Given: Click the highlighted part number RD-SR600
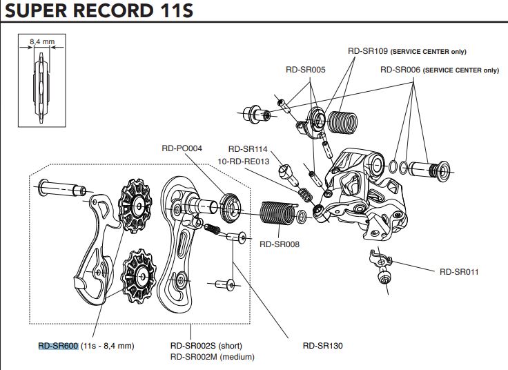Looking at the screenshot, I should click(x=58, y=345).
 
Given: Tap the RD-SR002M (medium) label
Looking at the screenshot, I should click(x=212, y=357).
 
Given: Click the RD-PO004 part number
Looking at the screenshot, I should click(x=182, y=147).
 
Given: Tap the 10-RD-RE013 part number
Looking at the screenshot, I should click(x=242, y=160).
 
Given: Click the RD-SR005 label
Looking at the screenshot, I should click(x=306, y=70).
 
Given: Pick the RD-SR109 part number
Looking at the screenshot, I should click(x=369, y=51).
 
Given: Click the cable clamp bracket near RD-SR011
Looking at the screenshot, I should click(x=377, y=262).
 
